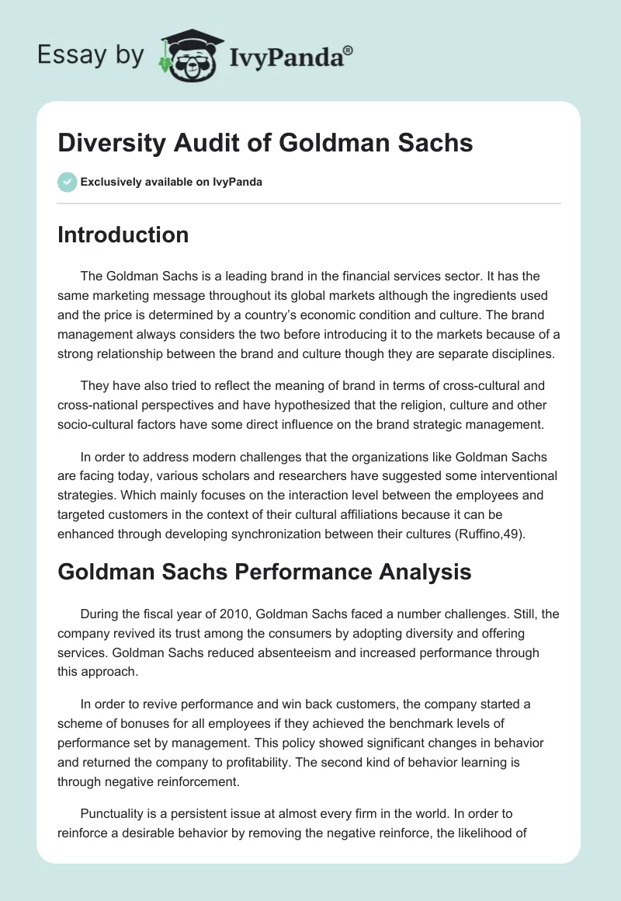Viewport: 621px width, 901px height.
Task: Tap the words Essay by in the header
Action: click(92, 55)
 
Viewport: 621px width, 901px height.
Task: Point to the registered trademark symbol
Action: click(349, 50)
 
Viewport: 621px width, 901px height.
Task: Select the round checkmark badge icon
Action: click(67, 183)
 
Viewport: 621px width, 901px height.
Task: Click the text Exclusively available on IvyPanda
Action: click(171, 183)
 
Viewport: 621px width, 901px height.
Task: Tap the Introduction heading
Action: click(123, 235)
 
